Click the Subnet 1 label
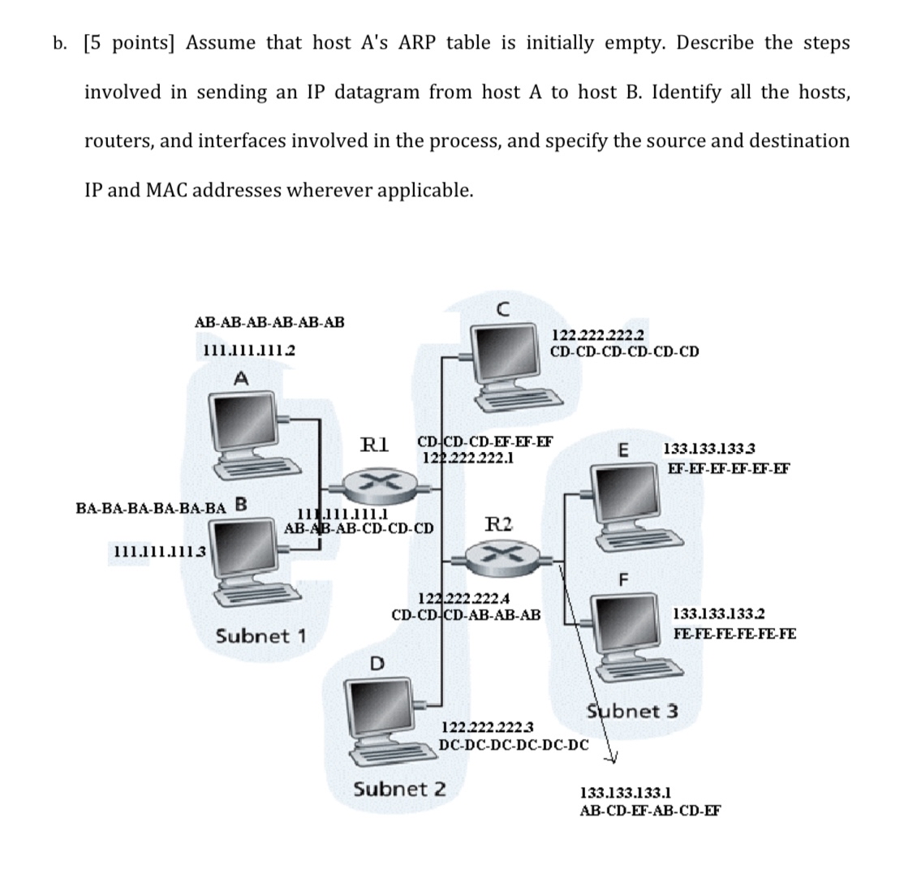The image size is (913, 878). tap(261, 635)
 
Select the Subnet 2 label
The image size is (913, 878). tap(399, 789)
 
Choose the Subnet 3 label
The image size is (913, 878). tap(632, 712)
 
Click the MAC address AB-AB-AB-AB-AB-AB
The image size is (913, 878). tap(269, 322)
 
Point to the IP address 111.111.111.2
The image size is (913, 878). tap(248, 350)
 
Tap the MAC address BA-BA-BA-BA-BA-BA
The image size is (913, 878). tap(151, 508)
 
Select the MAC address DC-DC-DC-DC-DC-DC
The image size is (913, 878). tap(513, 742)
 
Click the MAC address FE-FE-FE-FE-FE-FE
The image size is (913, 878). tap(734, 633)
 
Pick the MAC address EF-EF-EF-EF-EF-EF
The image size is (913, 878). tap(728, 468)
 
